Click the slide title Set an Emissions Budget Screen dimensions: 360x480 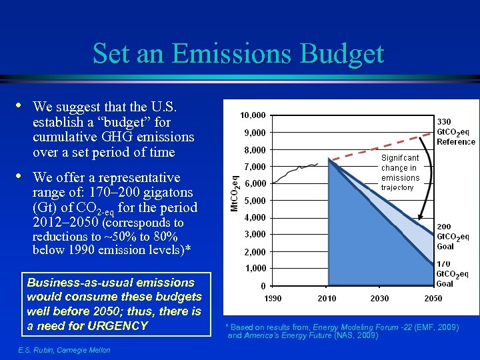point(239,53)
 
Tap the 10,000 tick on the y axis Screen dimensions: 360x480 point(253,115)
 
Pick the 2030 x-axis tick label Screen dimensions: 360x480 point(379,298)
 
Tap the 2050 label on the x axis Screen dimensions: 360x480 point(433,298)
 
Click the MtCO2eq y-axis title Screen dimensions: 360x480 point(233,192)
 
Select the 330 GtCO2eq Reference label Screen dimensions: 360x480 point(456,131)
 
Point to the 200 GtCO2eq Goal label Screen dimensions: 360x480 point(453,237)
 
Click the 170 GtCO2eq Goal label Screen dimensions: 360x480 point(453,274)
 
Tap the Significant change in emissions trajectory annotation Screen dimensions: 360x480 point(400,173)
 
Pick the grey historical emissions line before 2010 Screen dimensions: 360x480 point(300,170)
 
